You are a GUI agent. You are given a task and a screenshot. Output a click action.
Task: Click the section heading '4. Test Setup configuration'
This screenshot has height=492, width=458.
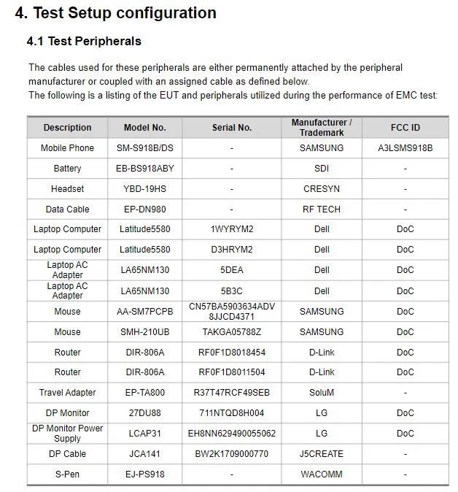(116, 13)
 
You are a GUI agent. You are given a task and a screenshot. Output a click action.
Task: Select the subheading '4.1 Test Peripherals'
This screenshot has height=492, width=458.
(84, 41)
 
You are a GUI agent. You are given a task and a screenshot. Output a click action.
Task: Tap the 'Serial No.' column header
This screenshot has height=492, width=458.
(232, 128)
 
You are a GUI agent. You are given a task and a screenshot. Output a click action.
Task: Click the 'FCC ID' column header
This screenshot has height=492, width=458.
(405, 128)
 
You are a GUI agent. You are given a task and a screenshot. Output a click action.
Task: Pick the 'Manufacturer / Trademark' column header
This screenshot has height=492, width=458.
(322, 128)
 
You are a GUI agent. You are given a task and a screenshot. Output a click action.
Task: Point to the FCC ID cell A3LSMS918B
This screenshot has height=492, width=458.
(405, 148)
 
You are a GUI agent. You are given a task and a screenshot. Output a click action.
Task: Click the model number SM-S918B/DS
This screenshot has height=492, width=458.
(145, 148)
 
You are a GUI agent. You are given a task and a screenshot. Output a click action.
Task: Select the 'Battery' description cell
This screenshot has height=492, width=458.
(68, 169)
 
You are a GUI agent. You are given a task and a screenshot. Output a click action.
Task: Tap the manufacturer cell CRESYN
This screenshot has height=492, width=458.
(322, 189)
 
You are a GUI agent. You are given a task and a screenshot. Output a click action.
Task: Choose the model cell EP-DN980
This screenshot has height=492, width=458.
(145, 210)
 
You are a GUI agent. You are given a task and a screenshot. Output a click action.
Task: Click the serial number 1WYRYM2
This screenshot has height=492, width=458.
(232, 229)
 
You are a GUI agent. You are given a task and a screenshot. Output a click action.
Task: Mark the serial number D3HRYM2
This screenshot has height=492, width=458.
(232, 250)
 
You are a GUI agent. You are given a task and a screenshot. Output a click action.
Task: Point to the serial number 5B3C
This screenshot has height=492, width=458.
(232, 291)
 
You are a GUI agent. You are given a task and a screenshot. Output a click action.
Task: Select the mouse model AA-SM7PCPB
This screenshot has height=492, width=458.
(145, 312)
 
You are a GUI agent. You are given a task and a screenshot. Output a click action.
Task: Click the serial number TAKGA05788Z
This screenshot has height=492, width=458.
(232, 332)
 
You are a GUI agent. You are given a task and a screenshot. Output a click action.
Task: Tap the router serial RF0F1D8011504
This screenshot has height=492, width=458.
(232, 372)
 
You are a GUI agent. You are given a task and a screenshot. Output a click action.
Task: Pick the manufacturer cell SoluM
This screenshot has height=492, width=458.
(322, 393)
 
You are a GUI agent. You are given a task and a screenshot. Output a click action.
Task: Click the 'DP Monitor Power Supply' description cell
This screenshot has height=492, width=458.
(68, 433)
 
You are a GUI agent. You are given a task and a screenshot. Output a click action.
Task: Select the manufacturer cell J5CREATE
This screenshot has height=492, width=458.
(322, 454)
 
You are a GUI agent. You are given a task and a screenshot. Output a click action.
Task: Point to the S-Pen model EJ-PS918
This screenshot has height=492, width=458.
(145, 474)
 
